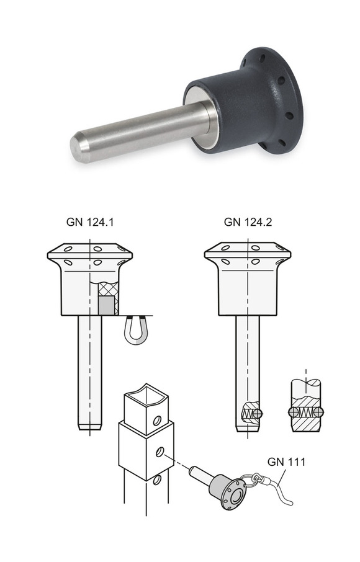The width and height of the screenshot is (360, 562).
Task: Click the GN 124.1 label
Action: (90, 222)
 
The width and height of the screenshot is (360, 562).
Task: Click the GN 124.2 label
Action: (248, 222)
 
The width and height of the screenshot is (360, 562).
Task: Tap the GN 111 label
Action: (287, 462)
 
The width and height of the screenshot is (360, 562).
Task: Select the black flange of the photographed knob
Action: (272, 100)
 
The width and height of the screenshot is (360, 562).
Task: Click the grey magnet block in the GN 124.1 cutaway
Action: (107, 305)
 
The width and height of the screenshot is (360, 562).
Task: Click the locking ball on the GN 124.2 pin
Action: (259, 413)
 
